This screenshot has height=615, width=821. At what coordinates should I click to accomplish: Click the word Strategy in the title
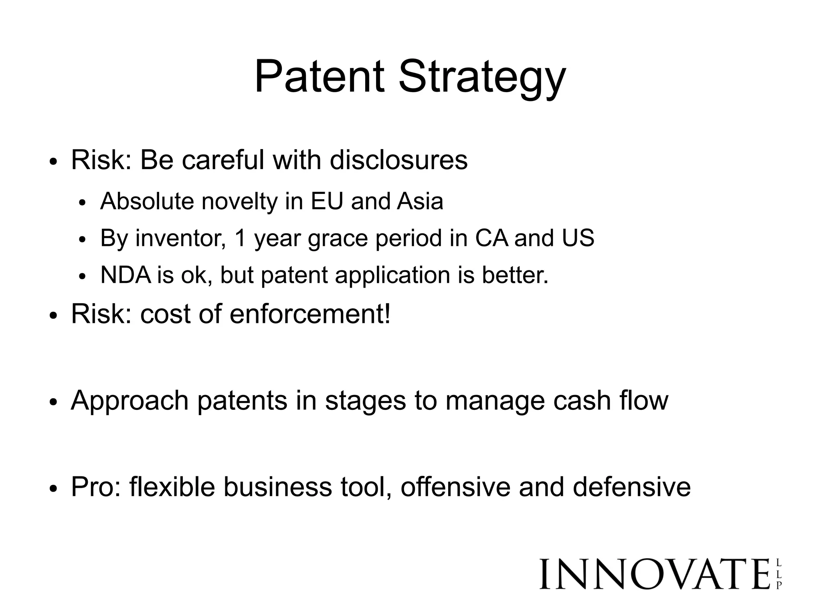point(482,78)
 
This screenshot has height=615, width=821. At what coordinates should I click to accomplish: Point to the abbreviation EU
point(327,201)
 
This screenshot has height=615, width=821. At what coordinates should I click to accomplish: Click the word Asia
point(420,201)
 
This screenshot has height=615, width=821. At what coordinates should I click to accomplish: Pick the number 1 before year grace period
point(241,238)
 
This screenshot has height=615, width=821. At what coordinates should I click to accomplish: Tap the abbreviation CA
point(491,238)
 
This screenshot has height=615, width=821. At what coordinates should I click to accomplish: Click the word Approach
point(129,401)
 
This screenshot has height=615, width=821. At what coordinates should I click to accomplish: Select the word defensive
point(632,487)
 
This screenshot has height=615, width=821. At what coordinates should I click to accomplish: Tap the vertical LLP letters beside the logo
point(779,575)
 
